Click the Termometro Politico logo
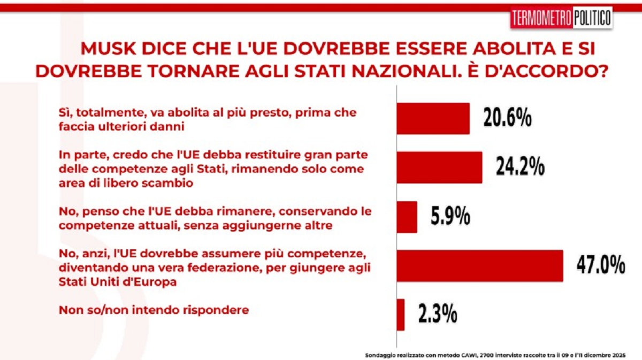click(561, 18)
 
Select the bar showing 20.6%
click(433, 118)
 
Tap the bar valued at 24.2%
click(439, 167)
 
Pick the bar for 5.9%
click(407, 217)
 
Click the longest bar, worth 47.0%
click(479, 265)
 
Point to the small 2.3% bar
click(401, 315)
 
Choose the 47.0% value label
click(600, 265)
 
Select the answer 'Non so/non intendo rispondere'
click(154, 310)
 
